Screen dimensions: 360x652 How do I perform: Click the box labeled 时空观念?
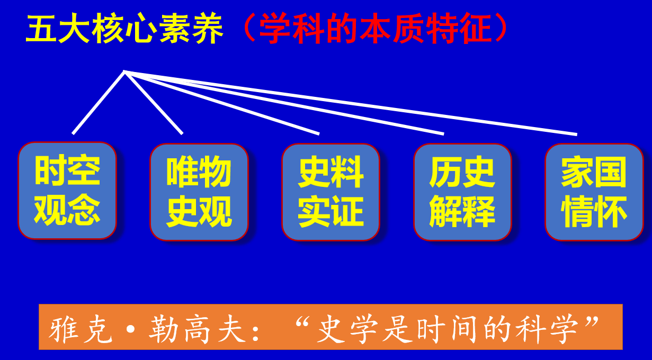(67, 191)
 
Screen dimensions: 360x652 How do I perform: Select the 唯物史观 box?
(199, 192)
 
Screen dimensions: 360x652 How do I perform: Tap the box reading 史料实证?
(331, 192)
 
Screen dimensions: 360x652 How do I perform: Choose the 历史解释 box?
(462, 192)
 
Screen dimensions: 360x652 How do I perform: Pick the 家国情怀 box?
(594, 192)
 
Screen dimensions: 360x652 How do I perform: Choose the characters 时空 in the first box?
(67, 171)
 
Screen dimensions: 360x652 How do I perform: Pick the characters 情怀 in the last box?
(594, 212)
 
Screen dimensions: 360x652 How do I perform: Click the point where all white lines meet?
(125, 71)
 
